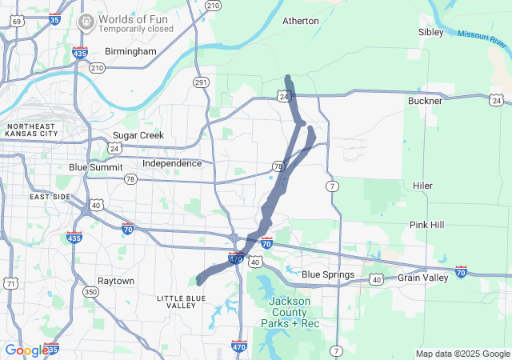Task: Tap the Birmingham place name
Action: [x=130, y=51]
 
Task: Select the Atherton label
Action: [x=301, y=21]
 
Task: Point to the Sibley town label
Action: [x=430, y=32]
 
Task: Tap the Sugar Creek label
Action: [x=138, y=135]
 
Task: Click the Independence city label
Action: [x=172, y=163]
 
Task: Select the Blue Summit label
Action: [x=96, y=167]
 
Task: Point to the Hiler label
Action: [x=422, y=186]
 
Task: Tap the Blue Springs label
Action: [x=328, y=275]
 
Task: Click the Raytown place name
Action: [x=116, y=281]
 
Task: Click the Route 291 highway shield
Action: [x=200, y=82]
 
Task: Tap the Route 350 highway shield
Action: [x=90, y=293]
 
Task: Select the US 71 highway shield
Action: [x=10, y=283]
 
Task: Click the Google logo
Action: [x=26, y=350]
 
